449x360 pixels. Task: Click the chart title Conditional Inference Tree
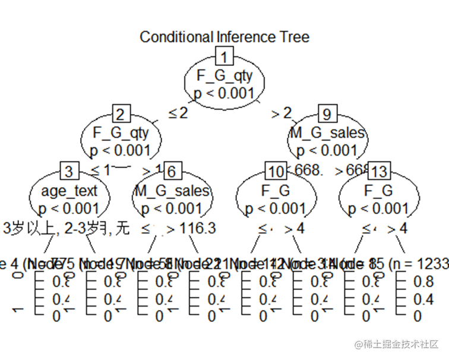coord(224,37)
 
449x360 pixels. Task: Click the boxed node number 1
coord(224,57)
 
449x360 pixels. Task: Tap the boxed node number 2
coord(121,113)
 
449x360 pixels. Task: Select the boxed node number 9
coord(327,113)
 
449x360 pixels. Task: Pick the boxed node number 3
coord(69,172)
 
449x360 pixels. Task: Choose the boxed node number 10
coord(276,172)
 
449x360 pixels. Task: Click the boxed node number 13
coord(379,172)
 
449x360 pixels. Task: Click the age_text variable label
coord(69,191)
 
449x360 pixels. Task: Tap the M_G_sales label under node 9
coord(327,132)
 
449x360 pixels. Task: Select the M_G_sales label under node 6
coord(172,191)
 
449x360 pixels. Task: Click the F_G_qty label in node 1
coord(224,75)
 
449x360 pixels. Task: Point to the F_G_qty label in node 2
coord(121,132)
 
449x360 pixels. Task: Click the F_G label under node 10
coord(276,191)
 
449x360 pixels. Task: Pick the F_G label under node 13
coord(379,191)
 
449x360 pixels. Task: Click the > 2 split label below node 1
coord(282,113)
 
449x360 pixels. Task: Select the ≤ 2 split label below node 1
coord(178,113)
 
